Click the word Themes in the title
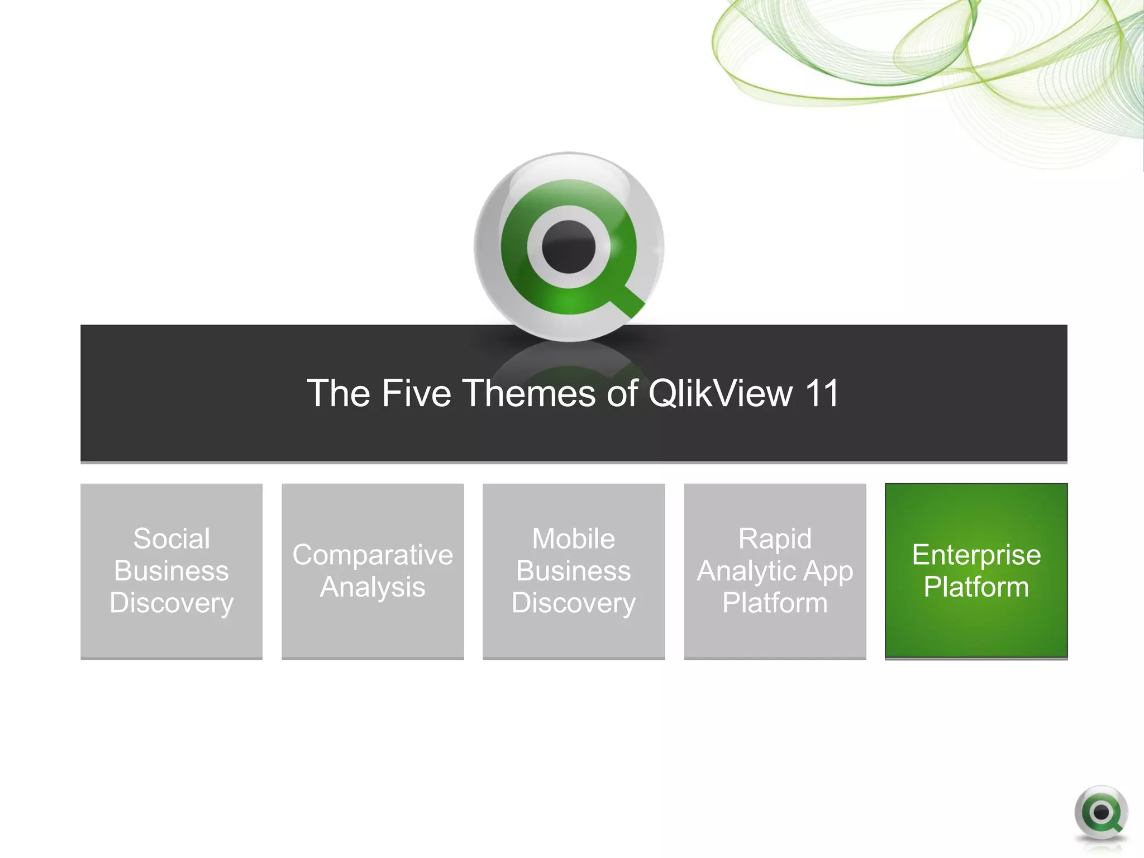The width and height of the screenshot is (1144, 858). (530, 393)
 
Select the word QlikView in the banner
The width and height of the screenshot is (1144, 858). (720, 393)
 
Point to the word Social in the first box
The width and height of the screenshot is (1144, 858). (171, 539)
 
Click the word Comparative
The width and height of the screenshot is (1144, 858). (373, 555)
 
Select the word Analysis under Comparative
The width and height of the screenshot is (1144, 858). (373, 587)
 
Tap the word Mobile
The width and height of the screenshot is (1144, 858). (574, 539)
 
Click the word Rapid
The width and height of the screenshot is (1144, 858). (775, 539)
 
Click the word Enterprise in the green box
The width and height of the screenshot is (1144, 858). (976, 555)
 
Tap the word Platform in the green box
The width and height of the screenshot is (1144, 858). (976, 587)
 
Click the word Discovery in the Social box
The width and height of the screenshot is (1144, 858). (171, 603)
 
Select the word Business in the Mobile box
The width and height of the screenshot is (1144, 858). (574, 571)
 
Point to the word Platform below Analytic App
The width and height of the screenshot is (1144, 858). (775, 603)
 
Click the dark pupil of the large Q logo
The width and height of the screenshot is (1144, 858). (569, 247)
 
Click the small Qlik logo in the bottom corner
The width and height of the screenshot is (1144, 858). (1101, 813)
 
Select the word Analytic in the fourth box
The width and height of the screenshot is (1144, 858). (743, 571)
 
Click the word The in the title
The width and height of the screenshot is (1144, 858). (339, 393)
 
